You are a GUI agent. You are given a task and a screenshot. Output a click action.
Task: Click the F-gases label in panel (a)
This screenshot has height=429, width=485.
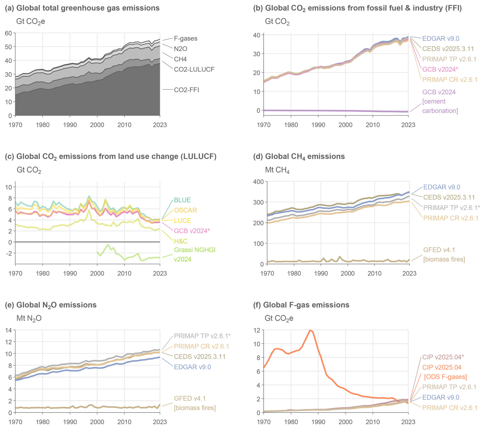click(x=185, y=38)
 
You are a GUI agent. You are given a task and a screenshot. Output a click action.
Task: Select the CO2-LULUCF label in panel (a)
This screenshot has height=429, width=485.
click(x=194, y=69)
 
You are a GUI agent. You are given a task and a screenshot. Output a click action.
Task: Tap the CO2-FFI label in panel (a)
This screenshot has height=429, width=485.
click(x=186, y=90)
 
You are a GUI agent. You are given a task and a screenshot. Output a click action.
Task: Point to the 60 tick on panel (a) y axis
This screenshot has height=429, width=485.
click(x=8, y=33)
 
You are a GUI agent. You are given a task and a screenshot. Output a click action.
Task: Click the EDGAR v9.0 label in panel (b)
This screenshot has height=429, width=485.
click(x=440, y=39)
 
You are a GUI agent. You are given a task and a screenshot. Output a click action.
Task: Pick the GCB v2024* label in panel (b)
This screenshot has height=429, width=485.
click(x=440, y=69)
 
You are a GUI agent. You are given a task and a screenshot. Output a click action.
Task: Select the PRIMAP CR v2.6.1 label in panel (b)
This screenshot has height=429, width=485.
click(x=450, y=80)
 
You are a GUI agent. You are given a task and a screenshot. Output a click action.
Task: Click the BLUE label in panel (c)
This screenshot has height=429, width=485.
click(x=182, y=200)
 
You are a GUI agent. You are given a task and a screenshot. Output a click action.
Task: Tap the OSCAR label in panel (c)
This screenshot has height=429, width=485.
click(x=185, y=210)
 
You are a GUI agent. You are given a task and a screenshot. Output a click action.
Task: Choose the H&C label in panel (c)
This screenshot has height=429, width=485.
click(x=180, y=241)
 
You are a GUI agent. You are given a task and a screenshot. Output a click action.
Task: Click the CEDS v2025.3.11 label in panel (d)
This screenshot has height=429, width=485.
click(x=449, y=197)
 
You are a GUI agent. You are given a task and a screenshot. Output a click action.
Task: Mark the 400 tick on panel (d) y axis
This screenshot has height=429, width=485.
click(x=258, y=182)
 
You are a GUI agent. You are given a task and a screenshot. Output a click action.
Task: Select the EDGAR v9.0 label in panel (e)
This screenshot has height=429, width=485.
click(x=192, y=367)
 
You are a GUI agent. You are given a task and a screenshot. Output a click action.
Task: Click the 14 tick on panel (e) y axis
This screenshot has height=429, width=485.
click(x=8, y=330)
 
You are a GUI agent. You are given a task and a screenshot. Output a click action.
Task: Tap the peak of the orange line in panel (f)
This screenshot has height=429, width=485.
click(x=310, y=330)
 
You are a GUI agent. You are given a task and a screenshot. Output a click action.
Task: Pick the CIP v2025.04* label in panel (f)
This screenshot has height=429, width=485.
click(x=443, y=357)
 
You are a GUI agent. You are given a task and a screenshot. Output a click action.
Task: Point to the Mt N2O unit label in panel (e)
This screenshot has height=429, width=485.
click(x=29, y=318)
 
